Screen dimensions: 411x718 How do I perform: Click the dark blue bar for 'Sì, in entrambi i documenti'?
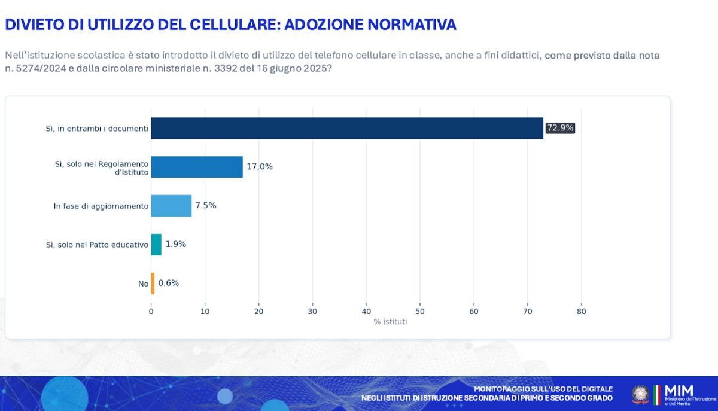[347, 128]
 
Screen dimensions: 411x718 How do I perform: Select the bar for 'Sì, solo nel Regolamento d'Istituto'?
[197, 167]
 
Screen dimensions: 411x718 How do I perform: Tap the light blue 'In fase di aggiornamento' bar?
[171, 206]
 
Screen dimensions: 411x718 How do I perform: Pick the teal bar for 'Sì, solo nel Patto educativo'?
[156, 245]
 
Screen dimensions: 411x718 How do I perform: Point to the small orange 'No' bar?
[153, 284]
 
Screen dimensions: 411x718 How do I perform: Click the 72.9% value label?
[560, 128]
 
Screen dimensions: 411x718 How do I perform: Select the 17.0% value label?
[260, 167]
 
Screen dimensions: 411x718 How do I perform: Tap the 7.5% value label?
[206, 206]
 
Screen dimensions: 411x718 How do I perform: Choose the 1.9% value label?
[176, 245]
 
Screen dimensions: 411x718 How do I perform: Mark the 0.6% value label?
[169, 284]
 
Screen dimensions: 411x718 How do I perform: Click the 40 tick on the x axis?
[366, 311]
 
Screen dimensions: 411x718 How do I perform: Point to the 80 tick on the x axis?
[581, 311]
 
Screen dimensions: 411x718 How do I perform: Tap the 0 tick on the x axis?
[151, 311]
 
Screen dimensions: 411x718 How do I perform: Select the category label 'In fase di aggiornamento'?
[101, 206]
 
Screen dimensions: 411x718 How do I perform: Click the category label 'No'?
[143, 284]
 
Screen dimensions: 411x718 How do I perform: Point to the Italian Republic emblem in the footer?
[640, 395]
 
